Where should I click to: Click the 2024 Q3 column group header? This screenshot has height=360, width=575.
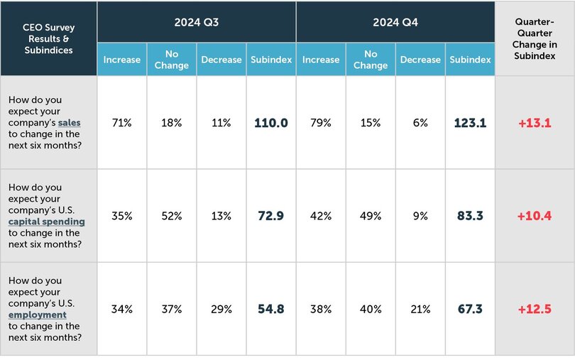(x=197, y=23)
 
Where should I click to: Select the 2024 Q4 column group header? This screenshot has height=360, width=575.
(x=395, y=23)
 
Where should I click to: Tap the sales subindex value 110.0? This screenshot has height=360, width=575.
(x=271, y=123)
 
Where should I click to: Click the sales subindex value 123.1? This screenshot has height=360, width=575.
(x=470, y=123)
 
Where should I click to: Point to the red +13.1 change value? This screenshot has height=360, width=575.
(x=535, y=123)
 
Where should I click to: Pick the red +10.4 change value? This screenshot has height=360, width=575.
(x=535, y=216)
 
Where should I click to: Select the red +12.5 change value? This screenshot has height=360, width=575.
(x=535, y=309)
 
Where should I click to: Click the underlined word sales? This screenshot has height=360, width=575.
(x=70, y=123)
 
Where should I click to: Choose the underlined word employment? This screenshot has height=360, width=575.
(x=38, y=315)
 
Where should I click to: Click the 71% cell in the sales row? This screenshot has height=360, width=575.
(x=122, y=123)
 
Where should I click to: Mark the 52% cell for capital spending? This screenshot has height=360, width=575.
(x=172, y=216)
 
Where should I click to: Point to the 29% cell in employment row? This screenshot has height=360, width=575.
(x=221, y=309)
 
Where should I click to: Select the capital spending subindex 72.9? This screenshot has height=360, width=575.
(x=271, y=216)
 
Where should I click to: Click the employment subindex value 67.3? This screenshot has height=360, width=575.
(x=470, y=309)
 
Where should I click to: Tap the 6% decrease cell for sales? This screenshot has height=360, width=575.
(x=420, y=123)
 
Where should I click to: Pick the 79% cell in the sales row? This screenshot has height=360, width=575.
(x=321, y=123)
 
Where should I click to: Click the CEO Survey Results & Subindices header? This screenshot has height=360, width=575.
(x=48, y=38)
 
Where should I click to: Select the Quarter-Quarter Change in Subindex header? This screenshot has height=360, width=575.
(x=535, y=38)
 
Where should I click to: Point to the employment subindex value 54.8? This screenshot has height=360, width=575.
(x=271, y=309)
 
